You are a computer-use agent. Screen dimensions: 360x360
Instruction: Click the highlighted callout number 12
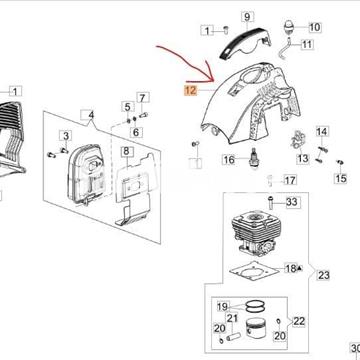tap(190, 89)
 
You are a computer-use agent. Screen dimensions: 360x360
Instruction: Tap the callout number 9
tap(247, 18)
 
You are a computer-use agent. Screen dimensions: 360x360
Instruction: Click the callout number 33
tap(292, 203)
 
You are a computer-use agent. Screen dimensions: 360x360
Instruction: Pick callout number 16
tap(228, 160)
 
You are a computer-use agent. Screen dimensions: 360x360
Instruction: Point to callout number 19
tap(225, 306)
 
